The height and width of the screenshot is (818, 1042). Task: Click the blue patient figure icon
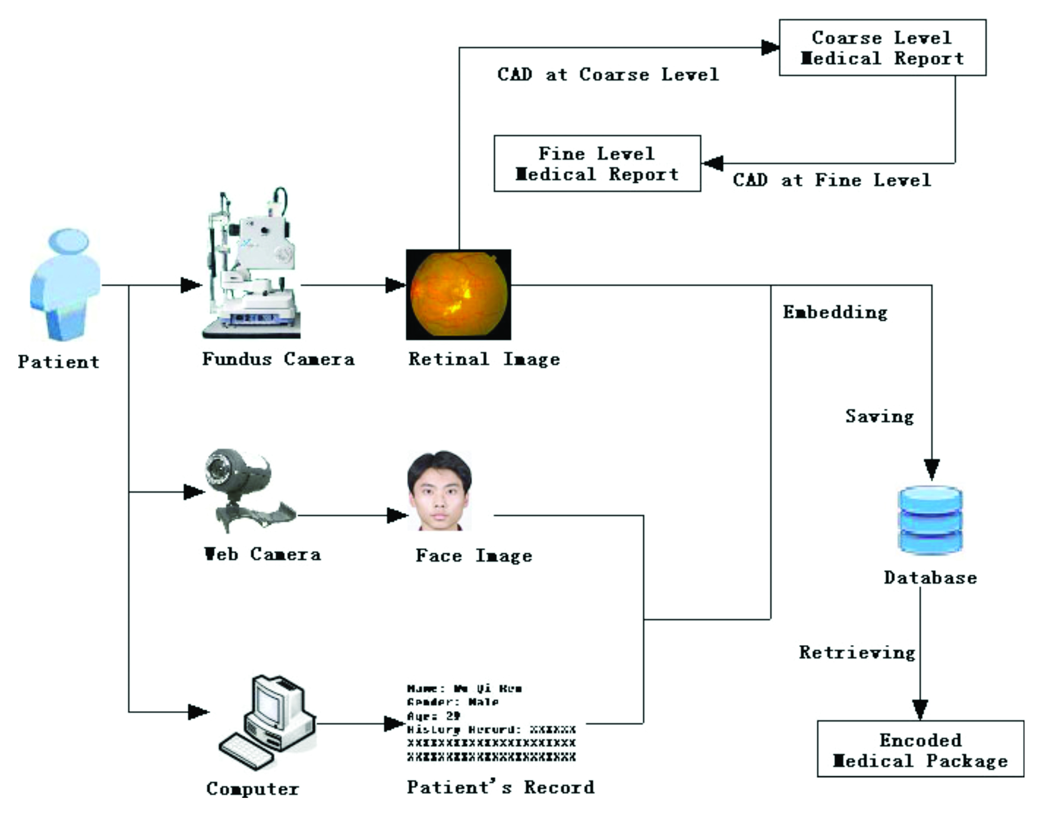(x=65, y=285)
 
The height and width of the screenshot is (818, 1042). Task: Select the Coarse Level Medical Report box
(x=882, y=48)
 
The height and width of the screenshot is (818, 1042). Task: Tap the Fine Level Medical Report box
(x=597, y=164)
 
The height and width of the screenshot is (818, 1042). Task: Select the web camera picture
(x=244, y=489)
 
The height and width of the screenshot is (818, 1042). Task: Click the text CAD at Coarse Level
(x=608, y=75)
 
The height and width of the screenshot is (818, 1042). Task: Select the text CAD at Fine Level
(x=832, y=181)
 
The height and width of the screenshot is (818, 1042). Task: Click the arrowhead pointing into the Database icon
(x=932, y=469)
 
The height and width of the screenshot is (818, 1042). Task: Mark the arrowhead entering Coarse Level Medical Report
(x=770, y=48)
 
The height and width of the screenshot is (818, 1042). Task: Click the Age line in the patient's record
(x=433, y=716)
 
